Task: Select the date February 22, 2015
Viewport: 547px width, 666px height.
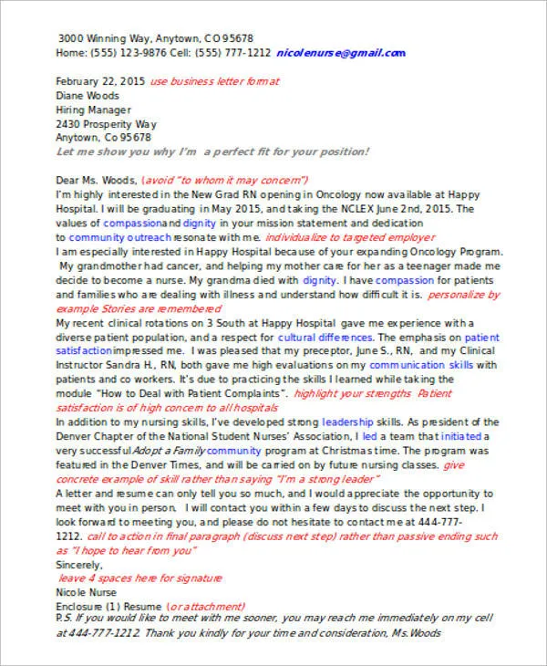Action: [99, 81]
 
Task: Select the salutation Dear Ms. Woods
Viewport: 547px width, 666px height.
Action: [98, 181]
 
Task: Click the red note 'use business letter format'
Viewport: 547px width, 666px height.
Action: [214, 81]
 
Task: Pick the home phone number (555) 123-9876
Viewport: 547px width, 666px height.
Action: [127, 54]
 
